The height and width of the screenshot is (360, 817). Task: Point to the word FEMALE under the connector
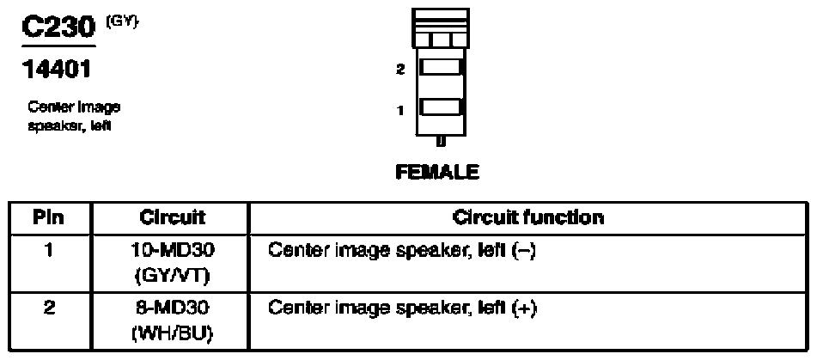pyautogui.click(x=436, y=172)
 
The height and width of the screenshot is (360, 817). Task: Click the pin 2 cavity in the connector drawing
pyautogui.click(x=441, y=67)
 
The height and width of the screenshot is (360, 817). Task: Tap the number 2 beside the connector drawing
pyautogui.click(x=399, y=70)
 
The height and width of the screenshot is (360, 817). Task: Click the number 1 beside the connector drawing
pyautogui.click(x=400, y=109)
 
